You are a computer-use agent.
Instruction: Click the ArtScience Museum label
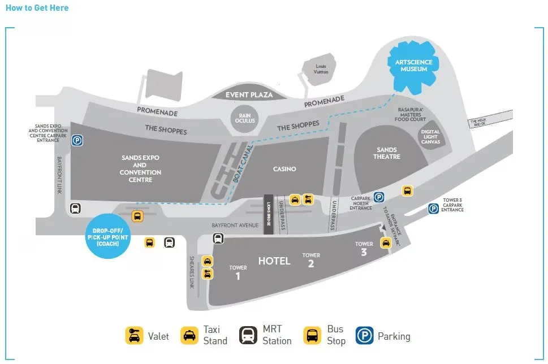click(x=414, y=65)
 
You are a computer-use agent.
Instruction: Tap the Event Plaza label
click(x=249, y=95)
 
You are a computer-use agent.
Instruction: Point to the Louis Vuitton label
click(x=321, y=69)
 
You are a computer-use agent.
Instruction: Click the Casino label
click(x=284, y=169)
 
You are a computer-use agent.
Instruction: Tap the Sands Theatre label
click(x=387, y=153)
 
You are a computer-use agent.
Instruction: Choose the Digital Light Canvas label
click(x=430, y=136)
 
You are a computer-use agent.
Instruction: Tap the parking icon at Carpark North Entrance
click(x=379, y=197)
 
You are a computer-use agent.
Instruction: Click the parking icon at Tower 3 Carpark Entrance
click(x=433, y=209)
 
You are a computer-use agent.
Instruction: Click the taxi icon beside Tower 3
click(x=386, y=243)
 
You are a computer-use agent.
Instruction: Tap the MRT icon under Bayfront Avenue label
click(x=218, y=239)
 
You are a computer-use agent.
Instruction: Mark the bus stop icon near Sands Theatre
click(x=407, y=191)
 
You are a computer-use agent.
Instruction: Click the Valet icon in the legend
click(x=134, y=336)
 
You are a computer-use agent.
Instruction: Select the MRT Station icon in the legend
click(x=248, y=336)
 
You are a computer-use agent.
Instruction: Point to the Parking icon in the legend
click(x=365, y=336)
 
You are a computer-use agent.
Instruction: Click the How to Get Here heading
click(x=37, y=8)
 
